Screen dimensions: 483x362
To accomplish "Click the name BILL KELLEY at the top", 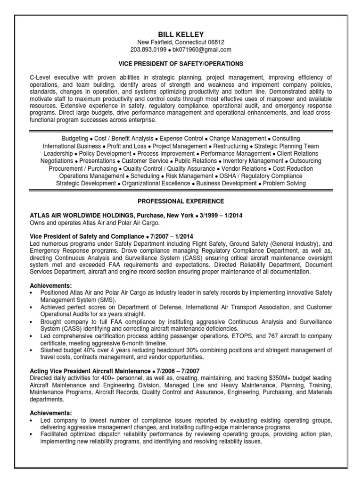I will [x=181, y=34].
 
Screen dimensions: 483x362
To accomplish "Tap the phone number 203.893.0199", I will [x=149, y=50].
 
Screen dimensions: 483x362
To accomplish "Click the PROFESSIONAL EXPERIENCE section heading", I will [x=181, y=201].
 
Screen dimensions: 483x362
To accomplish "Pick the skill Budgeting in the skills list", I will [x=75, y=139].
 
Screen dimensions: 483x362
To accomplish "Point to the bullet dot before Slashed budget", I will [x=31, y=350].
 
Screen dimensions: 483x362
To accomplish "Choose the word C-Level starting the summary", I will [x=41, y=77].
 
